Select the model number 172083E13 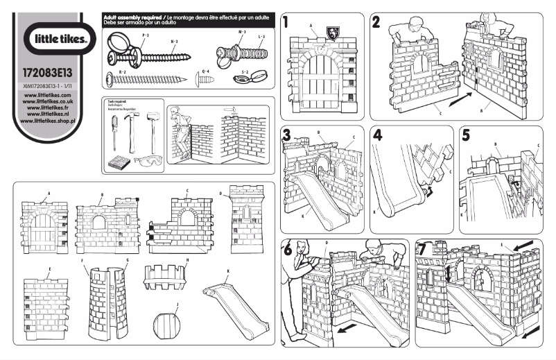(x=53, y=71)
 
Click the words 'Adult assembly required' (x=132, y=15)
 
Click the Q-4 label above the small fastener (x=205, y=71)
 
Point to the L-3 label (x=259, y=35)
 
